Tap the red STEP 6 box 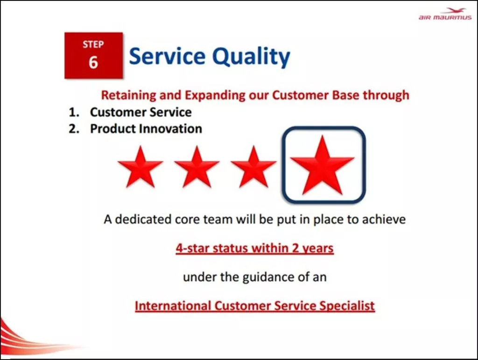pos(93,56)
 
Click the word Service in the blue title pos(168,56)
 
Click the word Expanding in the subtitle pos(215,95)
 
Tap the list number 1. pos(74,113)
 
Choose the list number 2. pos(74,129)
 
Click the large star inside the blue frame pos(322,166)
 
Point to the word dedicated pos(143,219)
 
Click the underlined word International pos(173,306)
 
